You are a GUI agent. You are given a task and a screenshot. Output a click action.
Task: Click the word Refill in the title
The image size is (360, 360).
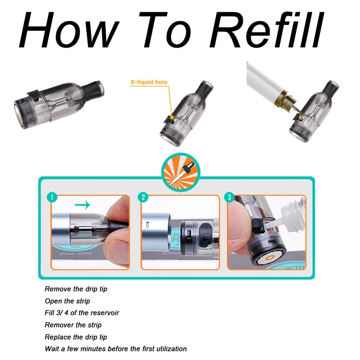point(266,29)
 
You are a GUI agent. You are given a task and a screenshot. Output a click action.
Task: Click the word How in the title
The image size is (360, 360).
point(69,30)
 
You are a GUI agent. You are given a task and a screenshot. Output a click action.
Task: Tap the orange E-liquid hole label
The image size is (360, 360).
point(149,82)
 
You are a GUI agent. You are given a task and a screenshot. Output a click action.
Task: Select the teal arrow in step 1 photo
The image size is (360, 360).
point(82,204)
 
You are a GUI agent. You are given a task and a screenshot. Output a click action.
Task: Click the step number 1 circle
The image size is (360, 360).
point(52,197)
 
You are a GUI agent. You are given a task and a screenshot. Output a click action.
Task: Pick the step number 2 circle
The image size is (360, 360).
point(143,197)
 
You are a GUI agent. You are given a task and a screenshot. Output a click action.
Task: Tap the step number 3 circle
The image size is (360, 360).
point(229,197)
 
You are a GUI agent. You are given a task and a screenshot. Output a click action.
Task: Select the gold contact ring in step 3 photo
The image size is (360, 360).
point(270,258)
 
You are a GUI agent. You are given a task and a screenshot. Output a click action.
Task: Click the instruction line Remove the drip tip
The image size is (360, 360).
point(76,289)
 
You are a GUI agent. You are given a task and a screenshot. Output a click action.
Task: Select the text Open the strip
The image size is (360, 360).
point(67,301)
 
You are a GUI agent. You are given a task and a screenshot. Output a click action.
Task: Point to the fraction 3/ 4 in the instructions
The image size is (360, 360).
point(62,313)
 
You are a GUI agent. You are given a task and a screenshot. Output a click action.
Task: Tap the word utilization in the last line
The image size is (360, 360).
point(171,349)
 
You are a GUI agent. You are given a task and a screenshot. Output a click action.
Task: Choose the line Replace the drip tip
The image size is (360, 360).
point(76,337)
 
